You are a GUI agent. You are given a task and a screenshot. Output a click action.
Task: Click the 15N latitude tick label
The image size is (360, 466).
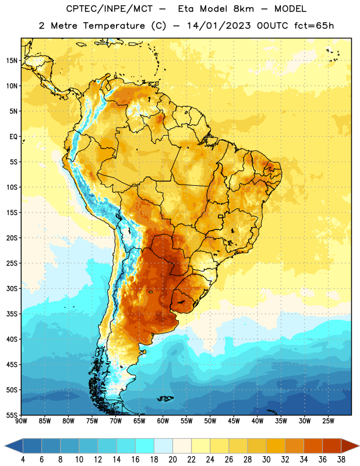tap(12, 61)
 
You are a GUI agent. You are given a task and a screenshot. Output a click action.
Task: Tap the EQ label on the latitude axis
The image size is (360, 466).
tap(13, 137)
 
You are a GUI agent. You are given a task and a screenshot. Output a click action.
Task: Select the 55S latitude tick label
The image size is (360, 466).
tap(12, 415)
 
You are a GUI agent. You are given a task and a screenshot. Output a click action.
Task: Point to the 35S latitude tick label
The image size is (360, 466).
tap(12, 314)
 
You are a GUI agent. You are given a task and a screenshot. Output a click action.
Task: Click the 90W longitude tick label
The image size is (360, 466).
tap(21, 421)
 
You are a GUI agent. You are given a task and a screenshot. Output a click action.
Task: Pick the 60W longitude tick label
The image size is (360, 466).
tap(163, 421)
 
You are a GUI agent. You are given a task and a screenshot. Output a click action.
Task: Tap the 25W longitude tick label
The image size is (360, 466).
tap(328, 421)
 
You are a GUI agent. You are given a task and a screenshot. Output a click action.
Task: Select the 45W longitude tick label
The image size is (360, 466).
tap(234, 421)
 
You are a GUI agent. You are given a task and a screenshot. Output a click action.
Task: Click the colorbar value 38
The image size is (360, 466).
tap(341, 460)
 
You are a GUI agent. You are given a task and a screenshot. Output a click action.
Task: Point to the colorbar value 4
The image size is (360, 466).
tap(23, 460)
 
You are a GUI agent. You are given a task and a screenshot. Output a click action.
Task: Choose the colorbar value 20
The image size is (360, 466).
tap(172, 460)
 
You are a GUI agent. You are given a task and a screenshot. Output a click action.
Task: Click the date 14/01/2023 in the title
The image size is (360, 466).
tap(219, 26)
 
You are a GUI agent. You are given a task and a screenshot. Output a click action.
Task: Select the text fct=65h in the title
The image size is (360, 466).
tap(314, 26)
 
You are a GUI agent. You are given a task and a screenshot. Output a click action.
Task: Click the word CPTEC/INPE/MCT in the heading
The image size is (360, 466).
tap(109, 9)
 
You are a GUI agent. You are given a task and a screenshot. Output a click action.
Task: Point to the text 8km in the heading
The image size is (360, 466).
tap(243, 9)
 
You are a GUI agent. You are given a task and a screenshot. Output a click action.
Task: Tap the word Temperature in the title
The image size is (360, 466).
tap(114, 26)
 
